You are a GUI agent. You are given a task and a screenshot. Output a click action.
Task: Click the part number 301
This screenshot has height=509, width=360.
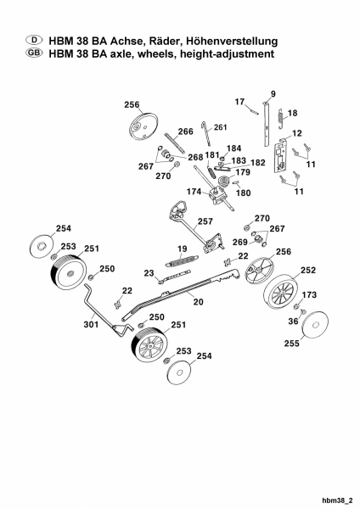[91, 324]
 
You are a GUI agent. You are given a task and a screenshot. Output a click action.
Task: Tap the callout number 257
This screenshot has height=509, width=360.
[205, 221]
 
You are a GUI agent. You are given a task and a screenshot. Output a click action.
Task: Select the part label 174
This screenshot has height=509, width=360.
[194, 192]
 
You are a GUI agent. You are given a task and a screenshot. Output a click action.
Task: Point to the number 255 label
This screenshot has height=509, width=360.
[292, 343]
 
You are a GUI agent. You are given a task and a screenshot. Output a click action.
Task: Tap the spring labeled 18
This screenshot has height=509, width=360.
[281, 119]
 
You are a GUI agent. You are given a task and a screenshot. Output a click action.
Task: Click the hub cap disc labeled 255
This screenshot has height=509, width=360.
[315, 325]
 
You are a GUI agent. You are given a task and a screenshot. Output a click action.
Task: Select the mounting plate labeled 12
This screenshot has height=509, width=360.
[281, 155]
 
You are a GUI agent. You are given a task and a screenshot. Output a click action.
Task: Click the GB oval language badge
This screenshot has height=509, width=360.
[34, 53]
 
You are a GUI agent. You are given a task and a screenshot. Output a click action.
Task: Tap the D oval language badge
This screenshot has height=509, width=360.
[34, 40]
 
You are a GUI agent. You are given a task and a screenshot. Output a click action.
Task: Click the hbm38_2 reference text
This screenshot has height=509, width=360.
[337, 501]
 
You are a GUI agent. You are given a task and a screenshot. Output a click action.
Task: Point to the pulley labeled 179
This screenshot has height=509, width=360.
[224, 180]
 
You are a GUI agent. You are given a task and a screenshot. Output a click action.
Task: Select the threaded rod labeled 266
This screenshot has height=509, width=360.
[175, 143]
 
